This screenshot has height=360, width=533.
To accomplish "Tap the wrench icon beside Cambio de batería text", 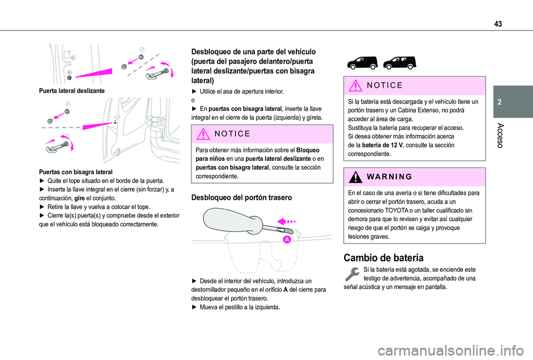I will coord(352,274).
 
